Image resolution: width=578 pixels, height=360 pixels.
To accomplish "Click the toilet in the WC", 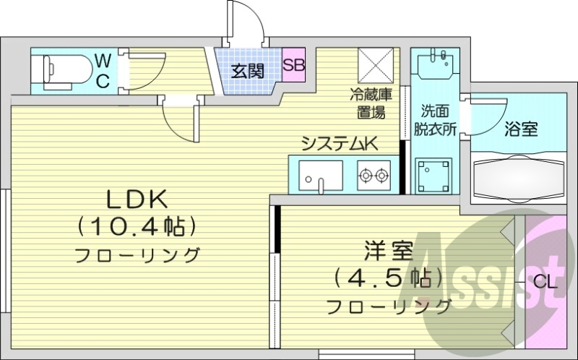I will [x=61, y=70].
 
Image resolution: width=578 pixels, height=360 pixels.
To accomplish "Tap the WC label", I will [x=103, y=70].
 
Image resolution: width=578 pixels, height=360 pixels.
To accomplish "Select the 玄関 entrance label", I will [x=246, y=71].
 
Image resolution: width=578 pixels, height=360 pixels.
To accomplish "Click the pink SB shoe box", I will [x=293, y=64].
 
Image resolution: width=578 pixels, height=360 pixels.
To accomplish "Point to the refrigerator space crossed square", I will [x=376, y=66].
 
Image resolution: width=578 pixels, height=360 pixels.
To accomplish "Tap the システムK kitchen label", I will [x=340, y=144].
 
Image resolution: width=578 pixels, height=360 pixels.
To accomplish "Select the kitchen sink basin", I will [x=321, y=173].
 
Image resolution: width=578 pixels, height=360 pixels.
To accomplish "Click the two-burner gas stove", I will [x=373, y=174].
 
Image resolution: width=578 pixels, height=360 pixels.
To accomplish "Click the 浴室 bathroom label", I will [x=520, y=129].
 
